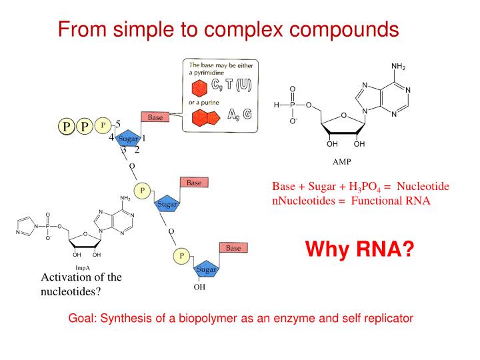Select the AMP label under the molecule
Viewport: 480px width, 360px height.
(341, 161)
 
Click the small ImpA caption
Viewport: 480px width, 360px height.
(84, 267)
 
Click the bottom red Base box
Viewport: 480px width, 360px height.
(233, 248)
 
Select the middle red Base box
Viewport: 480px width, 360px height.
(194, 182)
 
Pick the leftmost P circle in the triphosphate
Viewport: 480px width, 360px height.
(66, 127)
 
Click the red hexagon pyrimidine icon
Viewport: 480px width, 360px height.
(198, 89)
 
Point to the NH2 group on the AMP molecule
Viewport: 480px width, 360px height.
(398, 67)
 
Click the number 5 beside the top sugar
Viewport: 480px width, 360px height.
(117, 123)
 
